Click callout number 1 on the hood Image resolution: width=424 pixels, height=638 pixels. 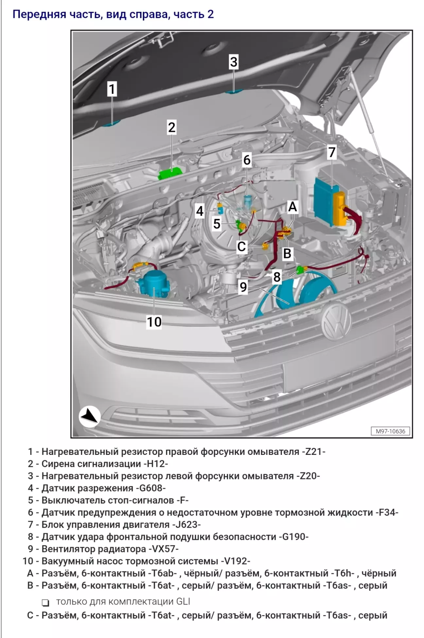coord(112,89)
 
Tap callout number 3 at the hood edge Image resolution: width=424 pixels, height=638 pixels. coord(233,62)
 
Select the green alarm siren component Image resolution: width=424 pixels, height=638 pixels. coord(170,173)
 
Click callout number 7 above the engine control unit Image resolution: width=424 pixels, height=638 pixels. coord(332,152)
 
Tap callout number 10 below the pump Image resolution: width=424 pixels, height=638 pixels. coord(154,322)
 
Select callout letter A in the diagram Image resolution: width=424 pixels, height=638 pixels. coord(292,207)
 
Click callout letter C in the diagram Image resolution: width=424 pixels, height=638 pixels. coord(241,247)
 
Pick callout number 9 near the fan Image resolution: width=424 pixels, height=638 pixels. coord(243,287)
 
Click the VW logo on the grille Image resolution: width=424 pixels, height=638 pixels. coord(336,321)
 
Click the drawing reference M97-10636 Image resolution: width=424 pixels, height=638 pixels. coord(390,431)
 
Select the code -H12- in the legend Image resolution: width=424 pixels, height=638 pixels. coord(155,464)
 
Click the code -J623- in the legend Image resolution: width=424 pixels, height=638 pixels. coord(185,525)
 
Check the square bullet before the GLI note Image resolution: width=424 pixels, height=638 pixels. coord(45,602)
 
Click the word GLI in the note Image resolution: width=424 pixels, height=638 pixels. coord(183,602)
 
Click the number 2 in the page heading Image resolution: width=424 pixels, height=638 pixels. coord(210,14)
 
